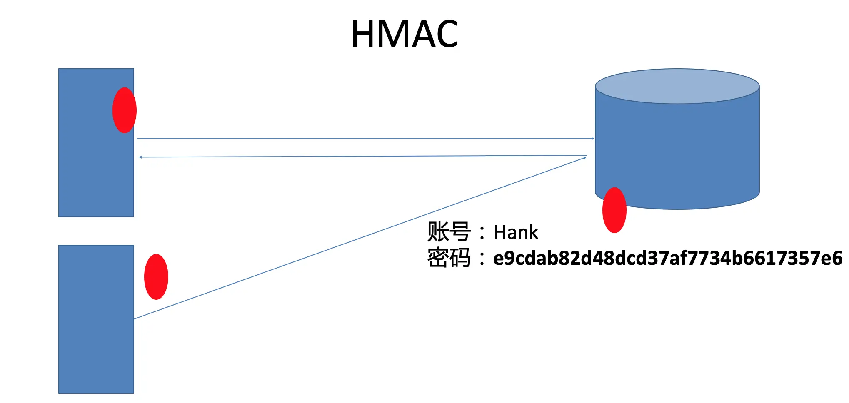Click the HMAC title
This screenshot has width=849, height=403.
pyautogui.click(x=404, y=34)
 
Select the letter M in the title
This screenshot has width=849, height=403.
pyautogui.click(x=392, y=34)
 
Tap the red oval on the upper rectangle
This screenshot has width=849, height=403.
pyautogui.click(x=125, y=110)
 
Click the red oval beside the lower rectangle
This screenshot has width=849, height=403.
pyautogui.click(x=156, y=277)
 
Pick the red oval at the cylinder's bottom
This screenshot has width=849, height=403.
pyautogui.click(x=614, y=210)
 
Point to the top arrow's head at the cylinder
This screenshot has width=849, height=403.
pyautogui.click(x=592, y=139)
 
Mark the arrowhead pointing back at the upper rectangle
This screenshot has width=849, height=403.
pyautogui.click(x=141, y=157)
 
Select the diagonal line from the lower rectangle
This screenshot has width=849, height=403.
pyautogui.click(x=358, y=238)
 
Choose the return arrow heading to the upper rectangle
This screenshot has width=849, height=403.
pyautogui.click(x=362, y=156)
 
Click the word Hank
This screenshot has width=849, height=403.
pyautogui.click(x=516, y=232)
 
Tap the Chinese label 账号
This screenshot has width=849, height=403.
pyautogui.click(x=449, y=232)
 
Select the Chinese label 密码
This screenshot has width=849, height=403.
pyautogui.click(x=449, y=258)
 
